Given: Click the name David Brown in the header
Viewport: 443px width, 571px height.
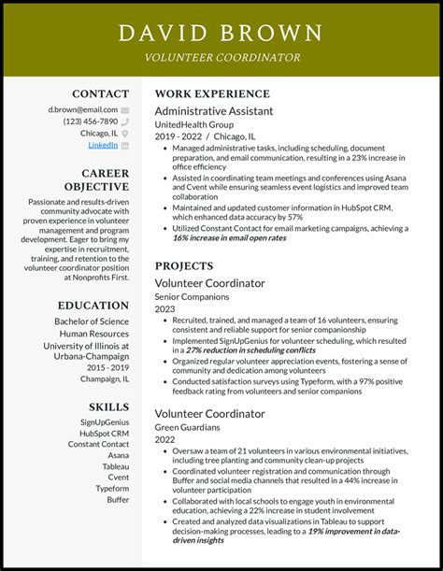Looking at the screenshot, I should pos(221,34).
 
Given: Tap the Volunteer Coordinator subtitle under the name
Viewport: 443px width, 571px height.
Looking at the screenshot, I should pos(221,58).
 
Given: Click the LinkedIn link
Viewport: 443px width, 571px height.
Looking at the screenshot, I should pos(103,145).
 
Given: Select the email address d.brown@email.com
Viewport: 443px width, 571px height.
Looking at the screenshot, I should pos(83,109).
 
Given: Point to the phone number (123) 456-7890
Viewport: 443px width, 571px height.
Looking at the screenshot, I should pos(90,121).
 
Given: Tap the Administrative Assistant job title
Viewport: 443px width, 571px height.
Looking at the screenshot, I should pos(214,110).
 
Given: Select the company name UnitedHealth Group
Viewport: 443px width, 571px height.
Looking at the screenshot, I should pos(195,123).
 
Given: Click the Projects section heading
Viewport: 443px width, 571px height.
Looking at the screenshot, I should pos(185,265).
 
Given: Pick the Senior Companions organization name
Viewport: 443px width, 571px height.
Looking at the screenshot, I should pos(193,296).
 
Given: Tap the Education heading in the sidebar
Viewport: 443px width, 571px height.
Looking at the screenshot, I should pos(93,305).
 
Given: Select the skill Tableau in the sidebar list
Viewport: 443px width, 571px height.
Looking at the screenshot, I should pos(116,466).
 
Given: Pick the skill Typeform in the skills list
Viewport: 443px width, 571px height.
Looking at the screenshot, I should pos(112,488).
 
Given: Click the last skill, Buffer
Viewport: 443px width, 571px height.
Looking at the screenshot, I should pos(118,499).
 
